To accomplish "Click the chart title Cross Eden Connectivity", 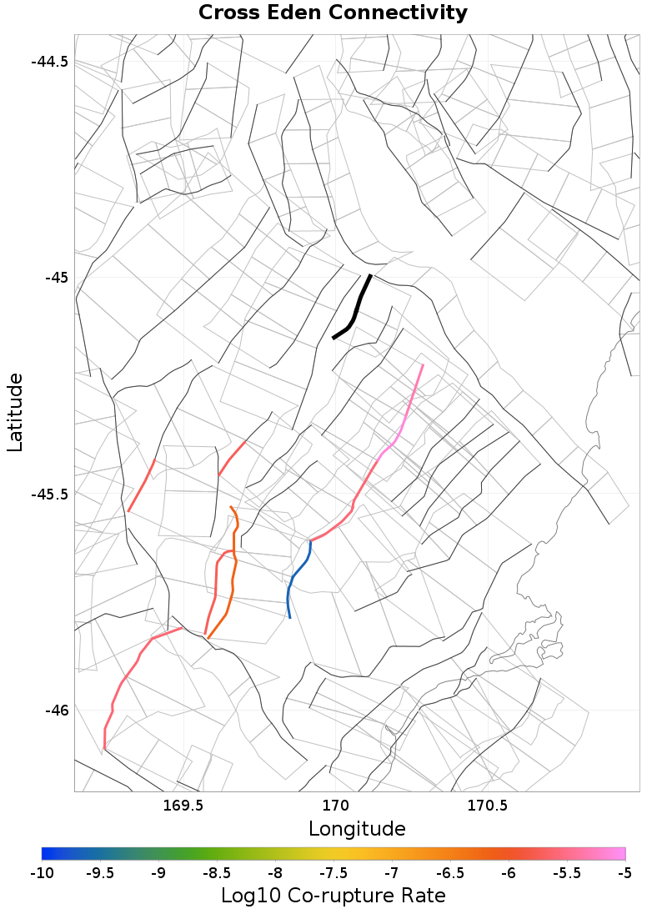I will click(x=333, y=13).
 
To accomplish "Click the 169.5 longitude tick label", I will click(x=183, y=806).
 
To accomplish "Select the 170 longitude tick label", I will click(x=335, y=806).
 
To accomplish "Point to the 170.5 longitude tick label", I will click(x=487, y=806).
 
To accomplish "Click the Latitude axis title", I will click(x=15, y=413).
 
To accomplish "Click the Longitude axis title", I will click(x=357, y=829).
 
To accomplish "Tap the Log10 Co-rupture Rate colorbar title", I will click(x=333, y=896).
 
